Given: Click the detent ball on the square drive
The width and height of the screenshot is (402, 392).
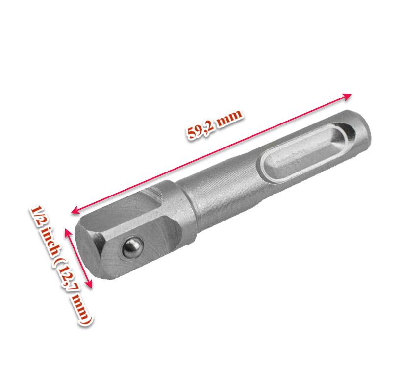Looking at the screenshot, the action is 131,248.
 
